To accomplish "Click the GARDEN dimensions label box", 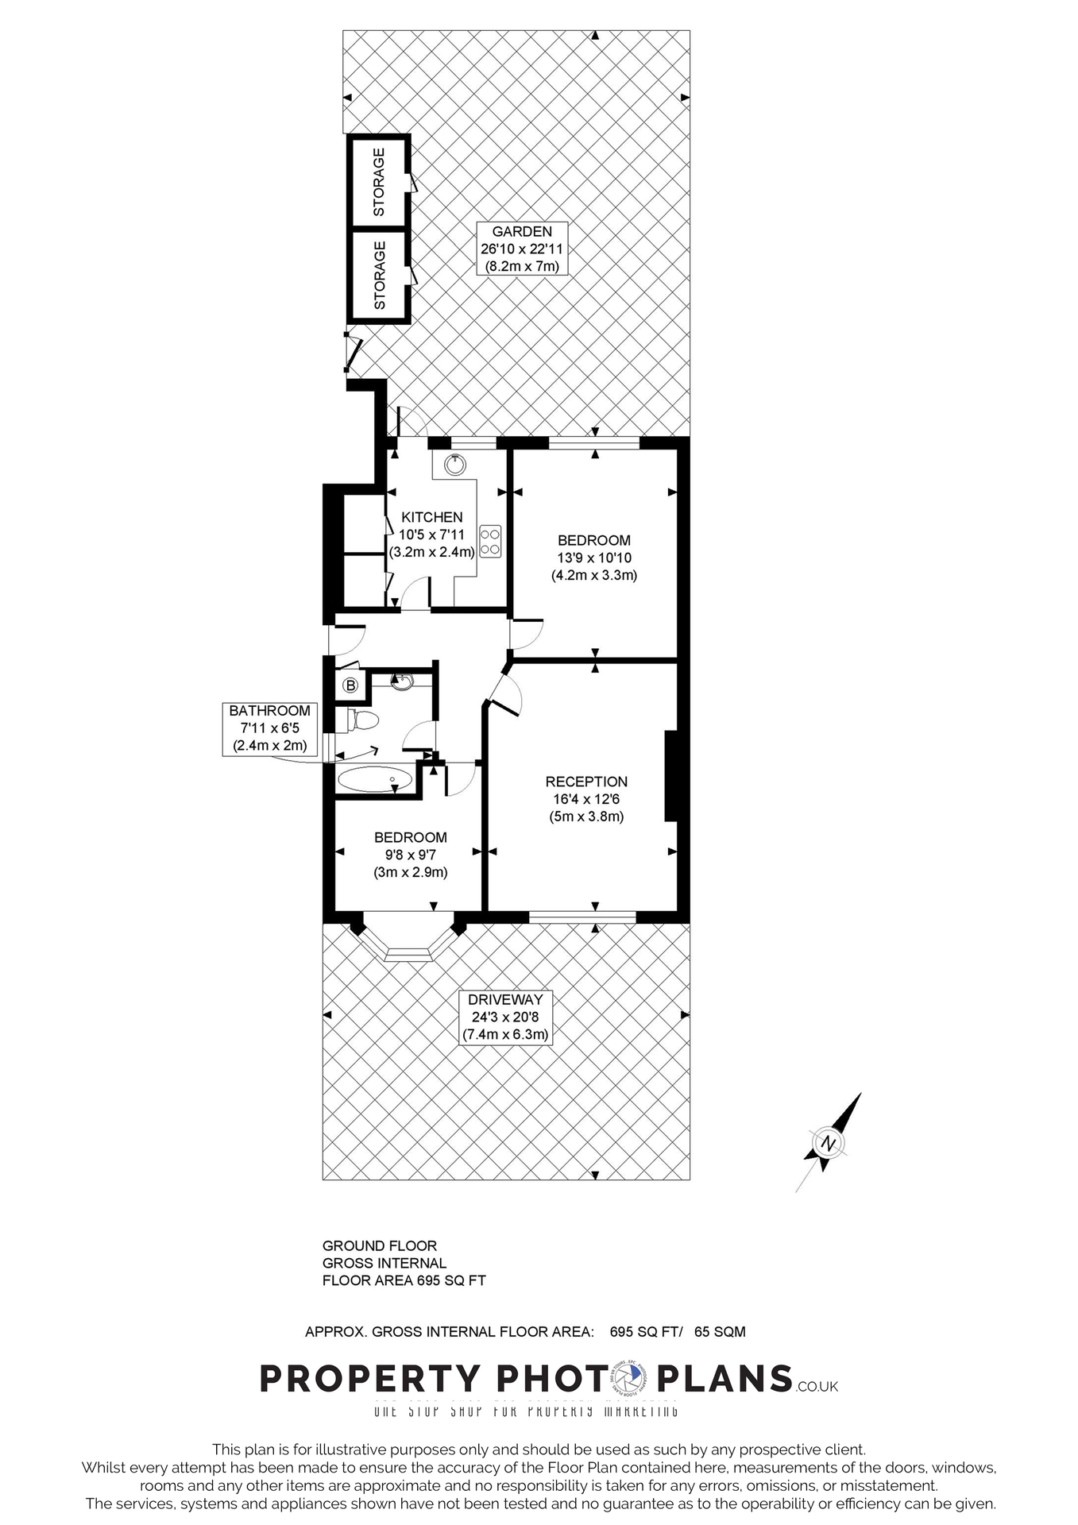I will click(x=522, y=249).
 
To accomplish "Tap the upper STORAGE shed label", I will click(x=379, y=182).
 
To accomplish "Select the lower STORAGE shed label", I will click(x=379, y=275).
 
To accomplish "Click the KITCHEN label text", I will click(x=431, y=517).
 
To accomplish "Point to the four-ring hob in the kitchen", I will click(x=490, y=541).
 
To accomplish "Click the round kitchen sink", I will click(x=455, y=465).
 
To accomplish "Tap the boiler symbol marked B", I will click(x=350, y=685).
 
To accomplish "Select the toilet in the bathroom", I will click(x=360, y=720).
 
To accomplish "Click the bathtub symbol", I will click(x=376, y=779).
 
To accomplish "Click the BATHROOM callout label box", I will click(x=269, y=728).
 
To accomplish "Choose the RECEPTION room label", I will click(x=586, y=782).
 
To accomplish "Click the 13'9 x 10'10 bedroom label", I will click(x=594, y=558).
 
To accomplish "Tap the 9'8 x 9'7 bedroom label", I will click(x=411, y=855).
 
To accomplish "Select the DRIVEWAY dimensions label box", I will click(x=505, y=1017).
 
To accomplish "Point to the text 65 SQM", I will click(x=720, y=1332).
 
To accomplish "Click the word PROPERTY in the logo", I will click(x=370, y=1379).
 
